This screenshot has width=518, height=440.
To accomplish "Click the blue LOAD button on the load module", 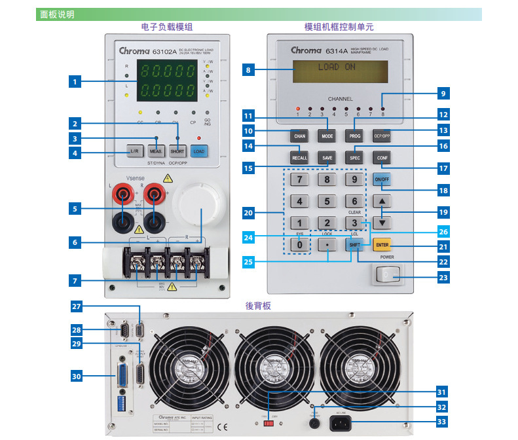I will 200,151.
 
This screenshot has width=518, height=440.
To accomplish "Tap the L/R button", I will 134,151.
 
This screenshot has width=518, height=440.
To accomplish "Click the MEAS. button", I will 156,151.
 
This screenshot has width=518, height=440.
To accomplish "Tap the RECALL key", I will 299,158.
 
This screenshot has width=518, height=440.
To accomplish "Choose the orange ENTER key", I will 382,246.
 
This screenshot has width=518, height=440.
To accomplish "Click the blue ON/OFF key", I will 382,179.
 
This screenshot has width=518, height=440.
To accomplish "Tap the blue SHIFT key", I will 354,246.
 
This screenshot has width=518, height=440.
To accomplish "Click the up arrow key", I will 382,200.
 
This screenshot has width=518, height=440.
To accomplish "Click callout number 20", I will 248,213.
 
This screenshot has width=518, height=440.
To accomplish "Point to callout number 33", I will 442,422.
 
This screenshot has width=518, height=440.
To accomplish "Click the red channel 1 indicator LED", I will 297,109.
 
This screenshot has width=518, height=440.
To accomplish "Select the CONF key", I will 382,158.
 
